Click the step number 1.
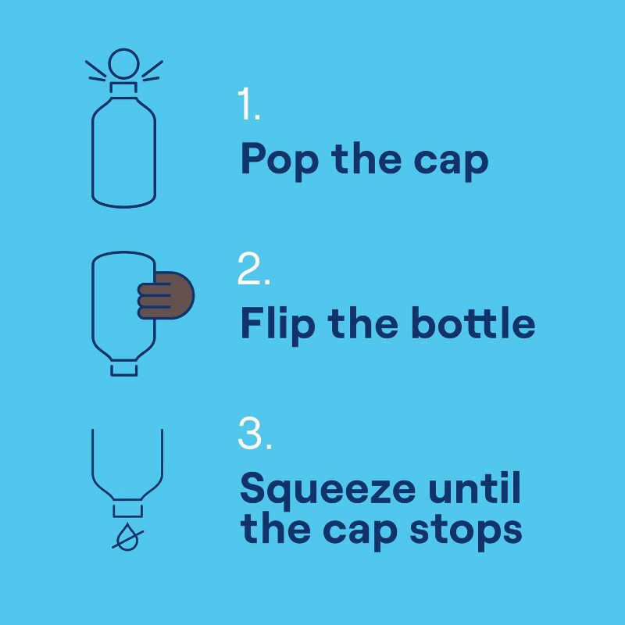248,104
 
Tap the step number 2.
254,268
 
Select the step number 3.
255,434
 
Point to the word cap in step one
451,163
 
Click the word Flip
278,325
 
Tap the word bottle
473,323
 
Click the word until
475,487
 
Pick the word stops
466,532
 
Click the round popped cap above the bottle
123,63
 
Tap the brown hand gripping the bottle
166,295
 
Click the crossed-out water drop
127,537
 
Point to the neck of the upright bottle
123,88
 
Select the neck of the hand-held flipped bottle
124,370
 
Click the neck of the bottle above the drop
127,511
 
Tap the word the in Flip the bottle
362,323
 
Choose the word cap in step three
360,532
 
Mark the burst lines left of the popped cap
95,71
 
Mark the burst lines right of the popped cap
152,71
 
